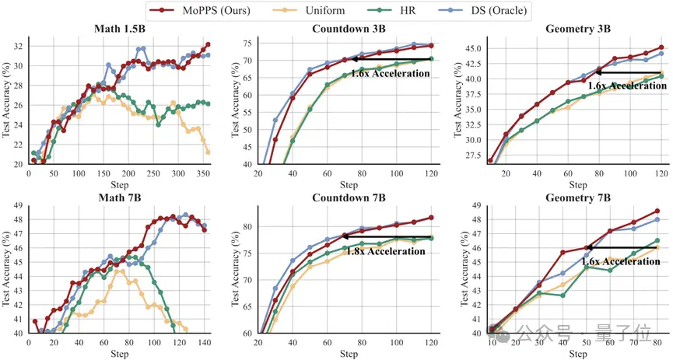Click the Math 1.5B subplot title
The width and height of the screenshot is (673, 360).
pos(119,30)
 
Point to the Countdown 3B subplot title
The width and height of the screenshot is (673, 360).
pos(349,29)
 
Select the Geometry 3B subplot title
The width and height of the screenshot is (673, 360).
pos(578,29)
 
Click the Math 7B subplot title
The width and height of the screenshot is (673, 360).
pos(119,197)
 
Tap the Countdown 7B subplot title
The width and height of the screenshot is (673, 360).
pos(349,197)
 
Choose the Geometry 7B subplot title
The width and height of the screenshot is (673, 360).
pos(578,197)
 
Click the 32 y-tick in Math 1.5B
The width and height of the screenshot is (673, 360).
pos(19,47)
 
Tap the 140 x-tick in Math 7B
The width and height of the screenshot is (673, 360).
pos(205,342)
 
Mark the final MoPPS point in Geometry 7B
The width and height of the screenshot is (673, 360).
pos(657,211)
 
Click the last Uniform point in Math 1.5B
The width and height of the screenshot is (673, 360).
pos(208,152)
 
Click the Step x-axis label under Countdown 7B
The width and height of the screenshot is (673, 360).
pos(349,354)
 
